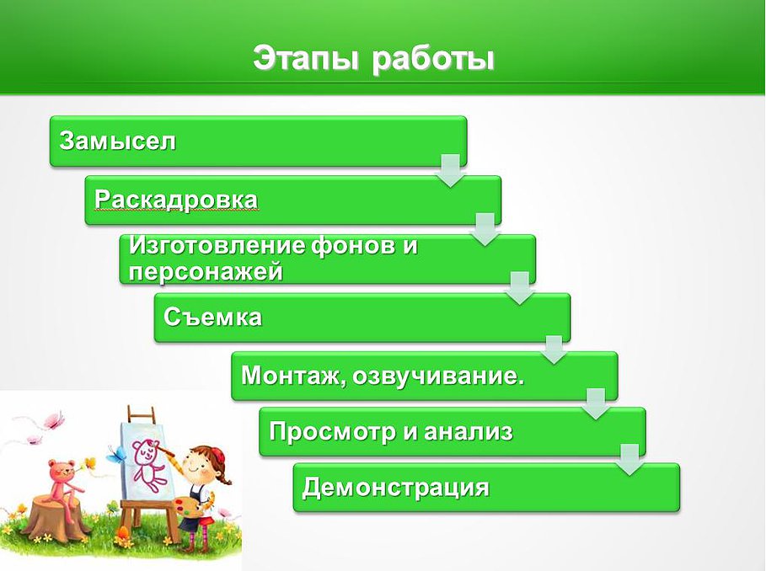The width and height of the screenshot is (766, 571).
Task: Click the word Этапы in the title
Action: tap(306, 59)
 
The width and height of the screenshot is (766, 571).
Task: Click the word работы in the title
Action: tap(433, 59)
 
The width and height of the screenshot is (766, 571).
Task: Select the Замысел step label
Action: tap(117, 141)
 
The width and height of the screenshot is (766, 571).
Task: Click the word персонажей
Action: tap(206, 271)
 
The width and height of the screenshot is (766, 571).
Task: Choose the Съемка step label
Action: tap(212, 318)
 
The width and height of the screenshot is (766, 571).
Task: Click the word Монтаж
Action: tap(292, 376)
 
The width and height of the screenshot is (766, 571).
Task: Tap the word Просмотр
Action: tap(331, 432)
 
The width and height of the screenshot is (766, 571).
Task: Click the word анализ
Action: tap(468, 431)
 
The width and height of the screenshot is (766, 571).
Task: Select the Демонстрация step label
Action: tap(396, 488)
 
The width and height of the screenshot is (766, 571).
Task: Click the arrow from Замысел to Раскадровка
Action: tap(451, 170)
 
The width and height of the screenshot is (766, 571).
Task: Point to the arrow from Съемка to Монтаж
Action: tap(554, 350)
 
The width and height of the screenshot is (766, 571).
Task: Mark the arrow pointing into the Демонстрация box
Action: tap(630, 460)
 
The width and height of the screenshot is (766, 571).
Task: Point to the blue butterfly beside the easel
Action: tap(115, 455)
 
